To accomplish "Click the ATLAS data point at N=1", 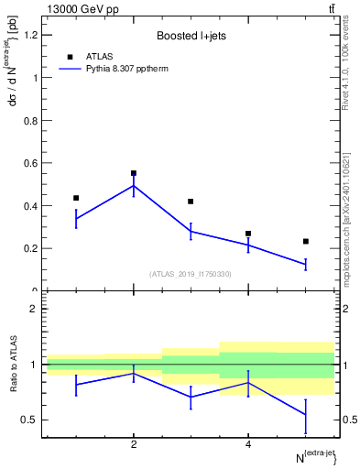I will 76,198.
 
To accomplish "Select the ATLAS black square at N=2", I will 134,173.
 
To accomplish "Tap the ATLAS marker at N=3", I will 191,202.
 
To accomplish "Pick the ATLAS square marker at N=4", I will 248,234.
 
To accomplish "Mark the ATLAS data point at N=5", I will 306,241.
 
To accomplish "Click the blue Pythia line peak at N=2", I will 134,186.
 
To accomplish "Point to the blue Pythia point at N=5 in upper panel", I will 306,264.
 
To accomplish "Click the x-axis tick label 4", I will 248,445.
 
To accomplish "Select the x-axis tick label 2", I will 134,445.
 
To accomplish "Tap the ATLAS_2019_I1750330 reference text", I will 190,274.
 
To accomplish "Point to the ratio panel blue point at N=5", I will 306,415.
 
